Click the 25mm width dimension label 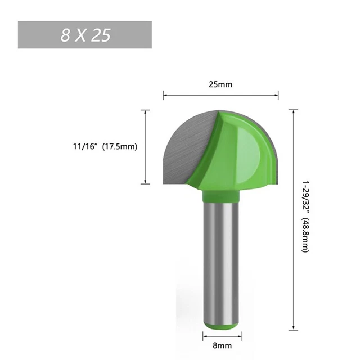coord(221,84)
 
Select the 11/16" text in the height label coord(85,146)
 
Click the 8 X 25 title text coord(85,35)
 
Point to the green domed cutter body coord(247,157)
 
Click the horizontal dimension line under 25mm coord(221,95)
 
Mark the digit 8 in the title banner coord(66,35)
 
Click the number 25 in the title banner coord(102,35)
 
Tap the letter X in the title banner coord(83,35)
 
